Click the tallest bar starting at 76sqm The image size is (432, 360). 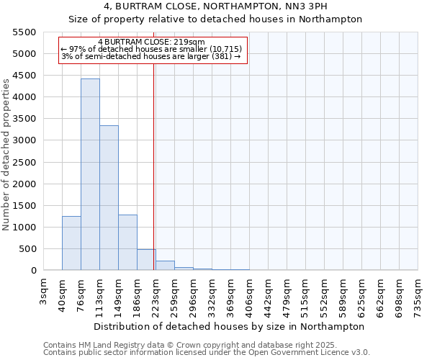pyautogui.click(x=90, y=174)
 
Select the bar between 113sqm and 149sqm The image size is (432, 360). pyautogui.click(x=109, y=198)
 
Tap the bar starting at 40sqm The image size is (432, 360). pyautogui.click(x=71, y=243)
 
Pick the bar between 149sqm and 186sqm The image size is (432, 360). pyautogui.click(x=127, y=243)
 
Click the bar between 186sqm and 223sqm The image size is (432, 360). pyautogui.click(x=146, y=260)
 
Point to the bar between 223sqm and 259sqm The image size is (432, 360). pyautogui.click(x=165, y=266)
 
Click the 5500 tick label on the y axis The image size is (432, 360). pyautogui.click(x=24, y=32)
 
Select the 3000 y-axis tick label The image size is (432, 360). pyautogui.click(x=24, y=141)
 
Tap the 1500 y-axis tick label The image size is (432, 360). pyautogui.click(x=24, y=206)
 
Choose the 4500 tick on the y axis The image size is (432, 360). pyautogui.click(x=24, y=76)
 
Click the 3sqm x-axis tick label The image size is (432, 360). pyautogui.click(x=44, y=289)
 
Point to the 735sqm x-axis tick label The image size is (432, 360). pyautogui.click(x=418, y=294)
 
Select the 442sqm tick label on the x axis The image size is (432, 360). pyautogui.click(x=269, y=294)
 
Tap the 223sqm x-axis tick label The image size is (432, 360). pyautogui.click(x=156, y=294)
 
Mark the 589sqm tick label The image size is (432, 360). pyautogui.click(x=343, y=294)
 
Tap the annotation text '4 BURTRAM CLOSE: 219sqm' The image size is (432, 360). pyautogui.click(x=152, y=42)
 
